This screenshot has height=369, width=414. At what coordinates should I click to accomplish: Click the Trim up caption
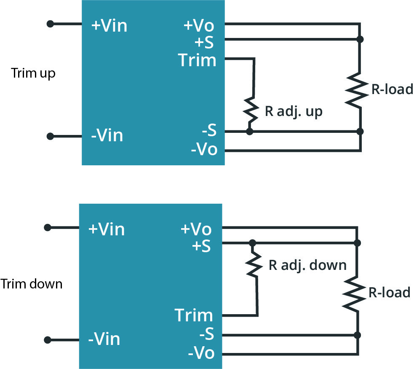click(33, 73)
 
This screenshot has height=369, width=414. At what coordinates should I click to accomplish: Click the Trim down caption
click(32, 284)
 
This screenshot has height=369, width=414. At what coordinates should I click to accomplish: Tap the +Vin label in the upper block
click(109, 26)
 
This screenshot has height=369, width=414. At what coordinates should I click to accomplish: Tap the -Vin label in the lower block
click(104, 339)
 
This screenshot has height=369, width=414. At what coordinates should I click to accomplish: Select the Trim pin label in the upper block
click(197, 60)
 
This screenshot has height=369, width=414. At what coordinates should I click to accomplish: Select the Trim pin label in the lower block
click(194, 315)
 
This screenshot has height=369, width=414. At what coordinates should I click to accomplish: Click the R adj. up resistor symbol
click(251, 109)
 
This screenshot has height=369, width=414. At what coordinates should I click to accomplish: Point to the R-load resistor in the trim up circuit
click(358, 89)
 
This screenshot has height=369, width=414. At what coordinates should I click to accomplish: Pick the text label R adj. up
click(293, 112)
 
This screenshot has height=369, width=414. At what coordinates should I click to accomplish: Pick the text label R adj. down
click(307, 265)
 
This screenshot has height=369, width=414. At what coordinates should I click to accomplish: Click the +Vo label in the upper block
click(199, 26)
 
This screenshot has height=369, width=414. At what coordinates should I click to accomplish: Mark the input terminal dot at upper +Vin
click(50, 24)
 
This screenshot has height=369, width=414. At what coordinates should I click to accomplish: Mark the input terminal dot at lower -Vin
click(48, 340)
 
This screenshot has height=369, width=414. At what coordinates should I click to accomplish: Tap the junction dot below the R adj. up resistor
click(249, 132)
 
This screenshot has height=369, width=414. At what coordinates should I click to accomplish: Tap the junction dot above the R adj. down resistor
click(252, 243)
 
